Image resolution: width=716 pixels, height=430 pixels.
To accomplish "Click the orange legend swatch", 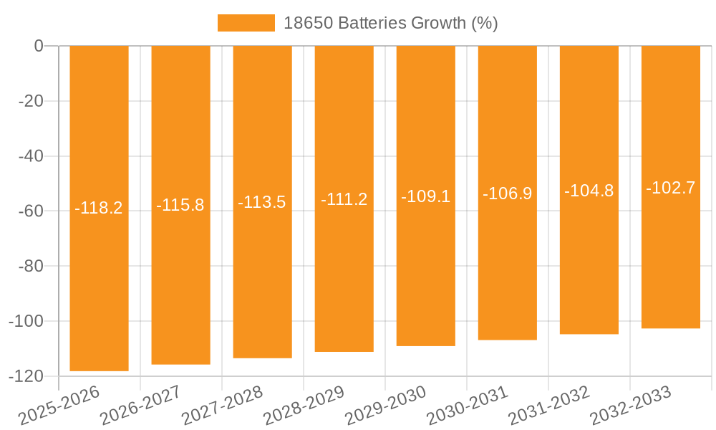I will point(246,23).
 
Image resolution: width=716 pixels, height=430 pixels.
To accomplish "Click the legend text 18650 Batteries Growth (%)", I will point(390,23).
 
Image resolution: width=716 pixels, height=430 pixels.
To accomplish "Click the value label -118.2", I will point(99,209).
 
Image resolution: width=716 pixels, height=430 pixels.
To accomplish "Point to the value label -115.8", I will point(180,206).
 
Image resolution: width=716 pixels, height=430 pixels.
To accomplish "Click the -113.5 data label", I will point(262,202).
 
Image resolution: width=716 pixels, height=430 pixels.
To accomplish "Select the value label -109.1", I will point(425,196).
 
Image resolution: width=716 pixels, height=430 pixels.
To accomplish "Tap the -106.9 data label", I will point(507,193).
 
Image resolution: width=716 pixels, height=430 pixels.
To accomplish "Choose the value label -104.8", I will point(589,191).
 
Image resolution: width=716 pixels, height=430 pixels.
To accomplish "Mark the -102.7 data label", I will point(670,188).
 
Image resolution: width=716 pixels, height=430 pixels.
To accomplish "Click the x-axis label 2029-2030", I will point(386,406).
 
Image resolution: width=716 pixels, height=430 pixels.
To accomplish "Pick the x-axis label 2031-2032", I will point(549,406).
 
